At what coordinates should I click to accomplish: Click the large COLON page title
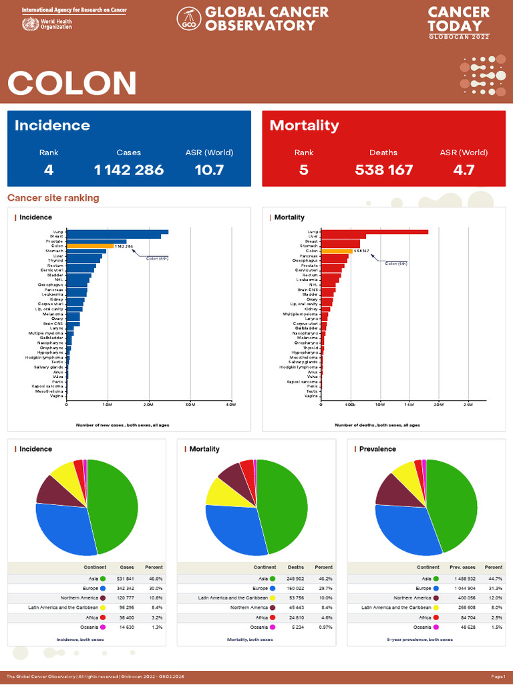(72, 84)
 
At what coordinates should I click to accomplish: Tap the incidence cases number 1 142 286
(129, 170)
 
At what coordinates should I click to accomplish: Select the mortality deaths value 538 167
(383, 170)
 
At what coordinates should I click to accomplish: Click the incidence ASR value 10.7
(209, 170)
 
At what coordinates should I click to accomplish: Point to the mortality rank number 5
(304, 170)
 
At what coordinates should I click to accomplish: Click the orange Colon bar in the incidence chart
(90, 246)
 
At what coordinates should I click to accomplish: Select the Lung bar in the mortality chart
(374, 232)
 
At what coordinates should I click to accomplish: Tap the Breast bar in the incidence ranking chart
(114, 236)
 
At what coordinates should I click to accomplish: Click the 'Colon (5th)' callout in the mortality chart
(396, 264)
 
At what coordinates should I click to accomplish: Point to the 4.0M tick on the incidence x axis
(230, 405)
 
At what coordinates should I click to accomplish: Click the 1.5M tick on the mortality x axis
(409, 405)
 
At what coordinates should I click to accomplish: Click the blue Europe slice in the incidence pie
(60, 528)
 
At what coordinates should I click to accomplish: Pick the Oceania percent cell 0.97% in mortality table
(323, 627)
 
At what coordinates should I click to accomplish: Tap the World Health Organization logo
(30, 24)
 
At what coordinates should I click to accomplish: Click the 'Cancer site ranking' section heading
(53, 198)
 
